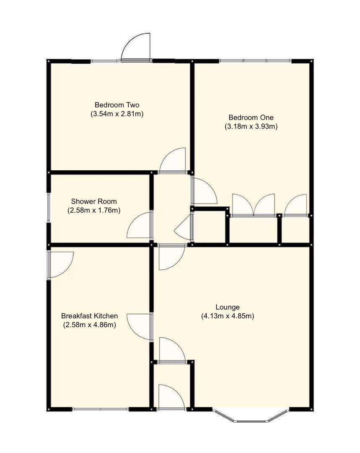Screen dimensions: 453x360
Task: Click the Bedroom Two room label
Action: (117, 105)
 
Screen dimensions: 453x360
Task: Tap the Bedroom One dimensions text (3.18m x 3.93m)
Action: (251, 126)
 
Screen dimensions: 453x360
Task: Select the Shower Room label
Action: (94, 201)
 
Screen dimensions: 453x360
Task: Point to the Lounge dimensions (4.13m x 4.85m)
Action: (228, 316)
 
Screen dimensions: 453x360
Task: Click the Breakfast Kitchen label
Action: (89, 316)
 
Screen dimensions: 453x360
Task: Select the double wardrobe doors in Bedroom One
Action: (253, 206)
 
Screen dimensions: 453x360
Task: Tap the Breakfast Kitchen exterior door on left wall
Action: (60, 264)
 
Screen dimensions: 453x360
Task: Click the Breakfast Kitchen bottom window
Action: (100, 409)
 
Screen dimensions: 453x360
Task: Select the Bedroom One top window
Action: (255, 61)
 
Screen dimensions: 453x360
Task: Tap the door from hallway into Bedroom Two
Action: (172, 161)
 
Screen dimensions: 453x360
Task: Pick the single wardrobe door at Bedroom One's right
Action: (295, 206)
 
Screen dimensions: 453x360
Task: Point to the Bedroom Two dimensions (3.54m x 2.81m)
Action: (117, 114)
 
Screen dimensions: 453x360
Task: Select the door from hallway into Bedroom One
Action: (204, 191)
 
